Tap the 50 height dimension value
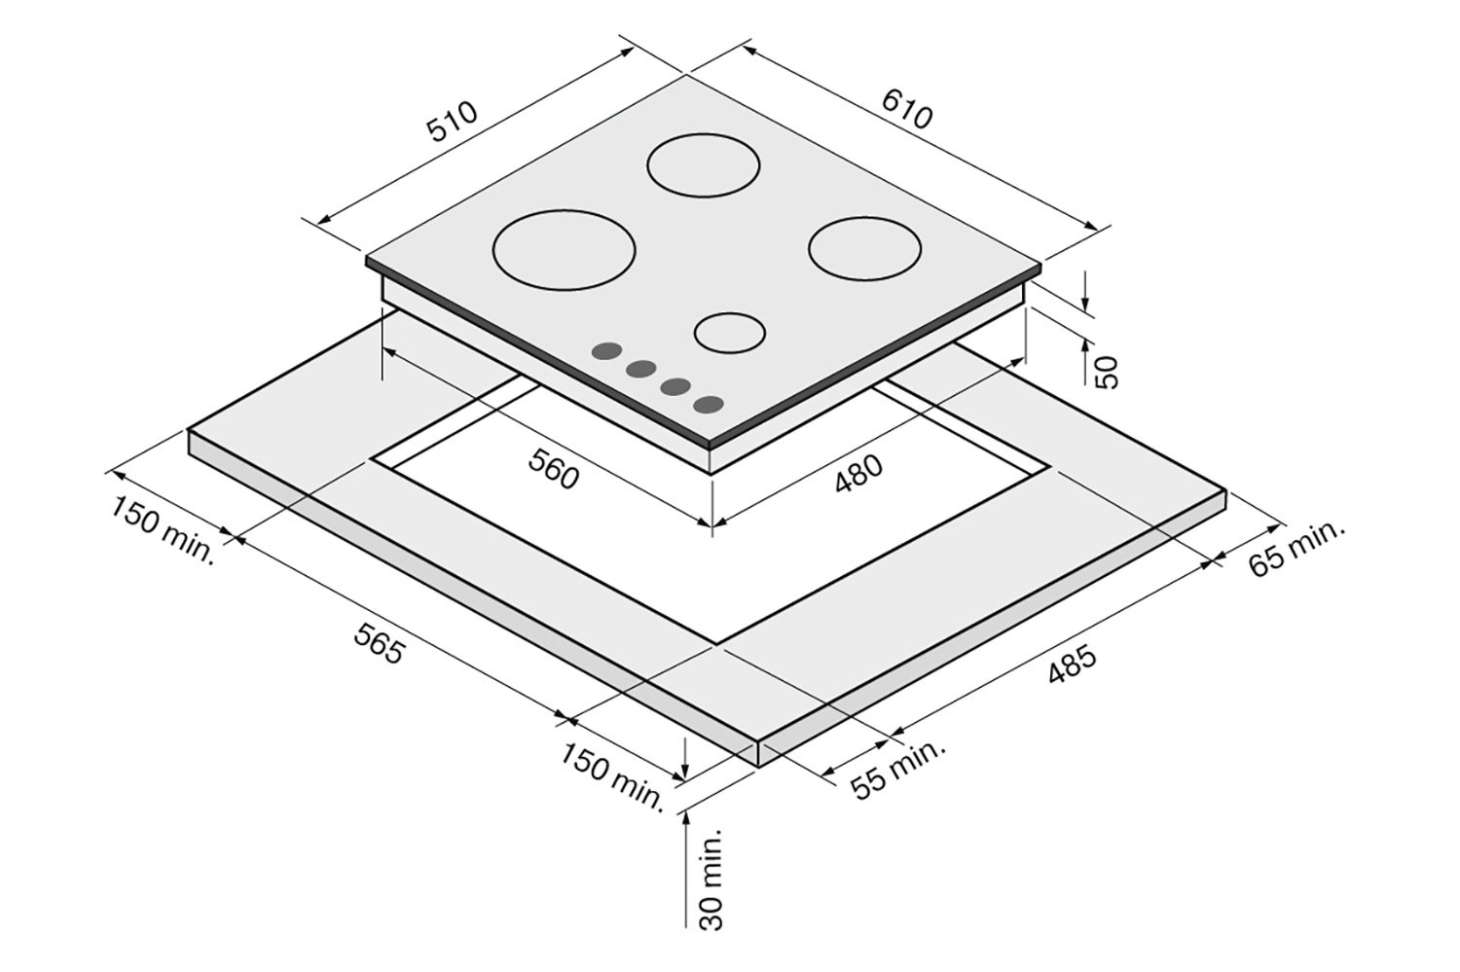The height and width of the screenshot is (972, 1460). [1108, 370]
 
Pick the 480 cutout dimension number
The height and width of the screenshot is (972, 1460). [858, 474]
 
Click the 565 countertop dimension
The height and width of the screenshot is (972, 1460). [379, 643]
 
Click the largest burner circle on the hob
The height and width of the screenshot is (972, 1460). [565, 252]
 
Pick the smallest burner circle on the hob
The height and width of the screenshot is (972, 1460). [729, 332]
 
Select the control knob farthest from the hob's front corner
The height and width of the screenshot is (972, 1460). [607, 350]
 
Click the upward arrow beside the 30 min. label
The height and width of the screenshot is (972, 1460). [688, 856]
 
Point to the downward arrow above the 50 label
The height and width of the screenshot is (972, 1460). [1088, 292]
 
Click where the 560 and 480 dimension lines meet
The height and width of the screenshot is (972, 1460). [713, 525]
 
